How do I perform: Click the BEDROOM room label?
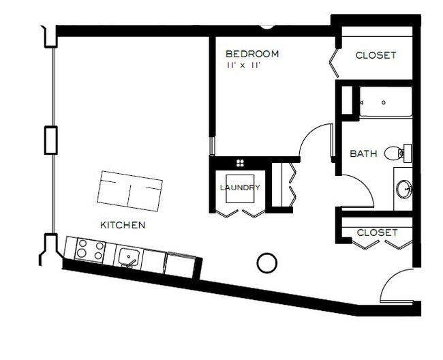tap(251, 53)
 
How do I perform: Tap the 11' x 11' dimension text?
tap(244, 65)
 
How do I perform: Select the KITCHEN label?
tap(123, 224)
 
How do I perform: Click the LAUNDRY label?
tap(239, 187)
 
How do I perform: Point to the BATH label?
tap(363, 153)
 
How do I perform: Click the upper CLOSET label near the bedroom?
tap(376, 55)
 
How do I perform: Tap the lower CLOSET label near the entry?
tap(376, 232)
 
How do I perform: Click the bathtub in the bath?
tap(385, 102)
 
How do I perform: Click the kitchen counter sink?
tap(129, 257)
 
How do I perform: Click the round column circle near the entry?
tap(267, 262)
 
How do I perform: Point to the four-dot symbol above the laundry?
tap(240, 162)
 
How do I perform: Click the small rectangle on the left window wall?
tap(50, 140)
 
